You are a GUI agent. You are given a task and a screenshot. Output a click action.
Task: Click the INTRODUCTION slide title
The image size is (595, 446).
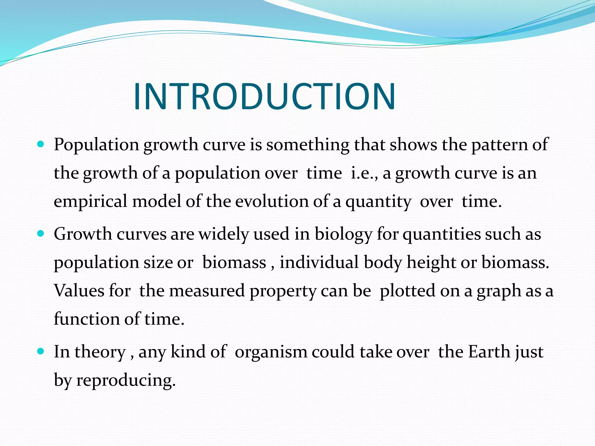[x=264, y=96]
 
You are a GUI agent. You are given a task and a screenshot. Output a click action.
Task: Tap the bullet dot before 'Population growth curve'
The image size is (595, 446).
[x=41, y=144]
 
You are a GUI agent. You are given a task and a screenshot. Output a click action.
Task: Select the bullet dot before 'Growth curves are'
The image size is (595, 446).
[x=41, y=233]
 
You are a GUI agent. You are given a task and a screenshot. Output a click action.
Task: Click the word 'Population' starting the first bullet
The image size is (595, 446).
[x=96, y=145]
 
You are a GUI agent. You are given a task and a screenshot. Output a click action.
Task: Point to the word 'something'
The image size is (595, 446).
[x=308, y=145]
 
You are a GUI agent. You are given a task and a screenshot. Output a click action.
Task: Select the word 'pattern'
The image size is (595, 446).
[x=499, y=145]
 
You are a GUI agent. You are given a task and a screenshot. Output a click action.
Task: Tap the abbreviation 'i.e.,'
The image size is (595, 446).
[x=364, y=173]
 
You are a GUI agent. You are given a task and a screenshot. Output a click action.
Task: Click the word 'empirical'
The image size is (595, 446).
[x=90, y=201]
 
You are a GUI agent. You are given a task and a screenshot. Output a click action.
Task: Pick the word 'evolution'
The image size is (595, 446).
[x=271, y=201]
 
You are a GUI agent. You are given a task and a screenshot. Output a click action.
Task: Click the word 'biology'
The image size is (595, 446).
[x=343, y=234]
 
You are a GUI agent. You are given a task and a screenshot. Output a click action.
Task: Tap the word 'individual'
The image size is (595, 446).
[x=319, y=262]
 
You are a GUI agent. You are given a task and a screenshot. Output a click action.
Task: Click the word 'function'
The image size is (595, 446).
[x=86, y=319]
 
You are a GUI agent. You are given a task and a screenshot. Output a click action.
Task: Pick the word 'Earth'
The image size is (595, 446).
[x=489, y=352]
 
